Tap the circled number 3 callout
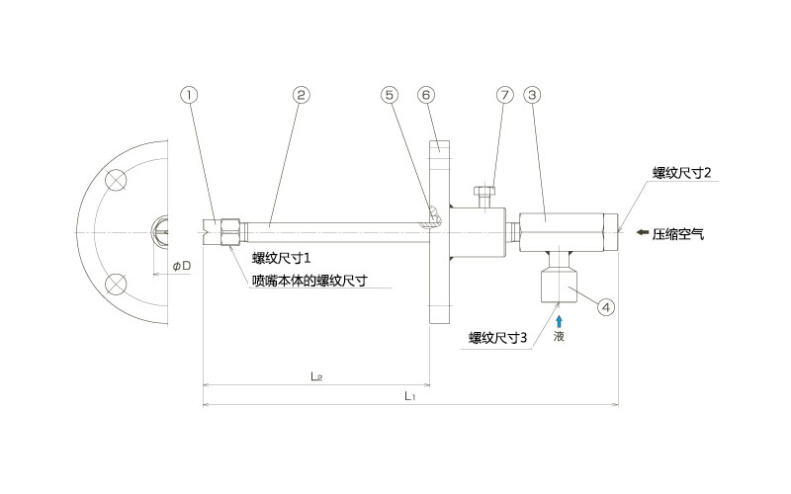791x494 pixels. coord(532,95)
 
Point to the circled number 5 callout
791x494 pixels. coord(390,95)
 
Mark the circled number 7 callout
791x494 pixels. coord(504,95)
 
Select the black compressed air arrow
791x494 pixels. coord(643,233)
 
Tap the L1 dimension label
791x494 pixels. coord(410,395)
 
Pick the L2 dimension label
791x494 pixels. coord(316,375)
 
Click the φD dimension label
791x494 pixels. coord(181,267)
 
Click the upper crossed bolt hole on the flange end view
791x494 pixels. coord(117,181)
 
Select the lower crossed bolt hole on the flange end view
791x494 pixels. coord(117,285)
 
